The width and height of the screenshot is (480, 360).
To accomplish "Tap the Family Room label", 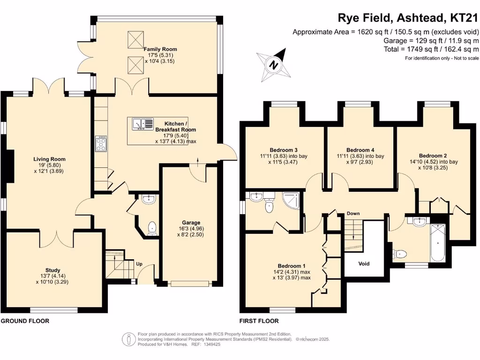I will coord(160,49).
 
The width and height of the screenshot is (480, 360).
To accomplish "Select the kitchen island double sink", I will coord(143,124).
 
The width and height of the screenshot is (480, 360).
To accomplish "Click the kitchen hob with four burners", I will coord(101,143).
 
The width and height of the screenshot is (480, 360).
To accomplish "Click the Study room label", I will coord(52,270).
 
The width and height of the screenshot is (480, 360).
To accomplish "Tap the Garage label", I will coord(191,223).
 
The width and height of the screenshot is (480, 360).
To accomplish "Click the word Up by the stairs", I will coord(139,264).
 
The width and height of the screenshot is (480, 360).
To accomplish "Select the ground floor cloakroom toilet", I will coord(152,228).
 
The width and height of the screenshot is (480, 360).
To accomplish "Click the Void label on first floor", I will coord(364,264).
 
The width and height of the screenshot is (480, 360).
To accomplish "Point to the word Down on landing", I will coord(353,214).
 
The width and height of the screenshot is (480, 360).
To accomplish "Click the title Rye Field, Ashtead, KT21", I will coord(408,18).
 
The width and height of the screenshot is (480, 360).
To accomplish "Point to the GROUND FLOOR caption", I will coord(25,321).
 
